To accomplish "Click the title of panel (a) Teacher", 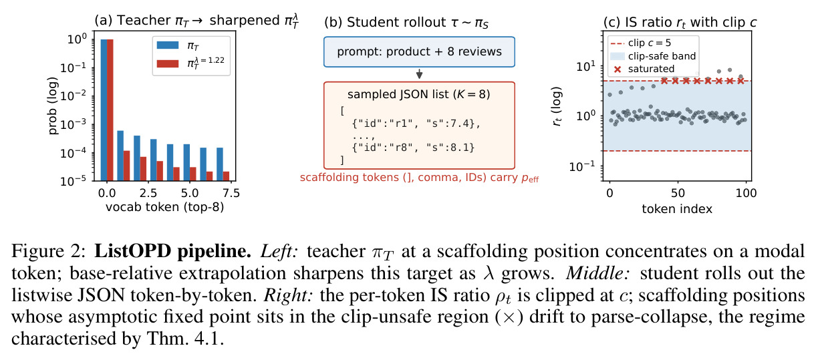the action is [196, 21].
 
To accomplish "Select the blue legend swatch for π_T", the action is [168, 45].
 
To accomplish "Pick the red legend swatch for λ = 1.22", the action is [168, 63].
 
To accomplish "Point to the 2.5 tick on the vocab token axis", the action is [148, 193].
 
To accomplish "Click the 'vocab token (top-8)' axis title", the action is [164, 207].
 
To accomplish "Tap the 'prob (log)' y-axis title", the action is [53, 106].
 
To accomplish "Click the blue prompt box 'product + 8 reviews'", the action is [419, 51].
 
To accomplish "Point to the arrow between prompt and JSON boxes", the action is [419, 73].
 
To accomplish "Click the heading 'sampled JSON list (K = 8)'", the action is [419, 95].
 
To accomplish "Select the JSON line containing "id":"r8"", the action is [414, 148].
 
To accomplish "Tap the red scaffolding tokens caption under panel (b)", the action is [419, 178].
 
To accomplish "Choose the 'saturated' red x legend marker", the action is [618, 69].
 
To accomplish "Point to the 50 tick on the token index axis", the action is [678, 193].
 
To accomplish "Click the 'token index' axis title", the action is [677, 209].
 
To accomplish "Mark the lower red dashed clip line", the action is [678, 151].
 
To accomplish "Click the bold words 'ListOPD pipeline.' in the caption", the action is [172, 251].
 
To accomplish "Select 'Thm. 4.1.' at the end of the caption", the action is [185, 339].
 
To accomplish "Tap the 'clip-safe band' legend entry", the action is [654, 56].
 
